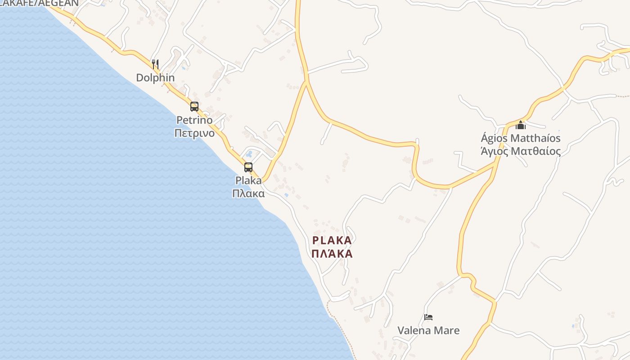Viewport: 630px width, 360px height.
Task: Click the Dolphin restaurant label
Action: (155, 77)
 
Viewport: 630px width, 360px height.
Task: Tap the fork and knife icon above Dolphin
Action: (155, 64)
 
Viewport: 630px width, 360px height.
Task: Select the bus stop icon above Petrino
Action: (194, 107)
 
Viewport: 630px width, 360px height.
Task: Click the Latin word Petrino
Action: (194, 120)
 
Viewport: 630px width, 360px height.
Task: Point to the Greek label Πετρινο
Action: (194, 133)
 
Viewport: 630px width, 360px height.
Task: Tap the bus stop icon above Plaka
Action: (248, 167)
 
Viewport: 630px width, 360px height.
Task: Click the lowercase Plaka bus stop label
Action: (248, 180)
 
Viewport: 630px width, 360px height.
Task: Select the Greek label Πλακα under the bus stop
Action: (248, 193)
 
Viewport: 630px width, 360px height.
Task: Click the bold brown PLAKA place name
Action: (332, 240)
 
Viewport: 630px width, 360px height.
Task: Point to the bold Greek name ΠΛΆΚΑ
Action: (332, 254)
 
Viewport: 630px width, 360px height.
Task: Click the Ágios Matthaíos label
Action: (521, 138)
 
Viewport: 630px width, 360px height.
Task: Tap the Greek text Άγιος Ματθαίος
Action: (521, 151)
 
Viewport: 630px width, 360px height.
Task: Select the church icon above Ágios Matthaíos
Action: (521, 125)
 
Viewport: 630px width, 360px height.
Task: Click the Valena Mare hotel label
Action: (428, 330)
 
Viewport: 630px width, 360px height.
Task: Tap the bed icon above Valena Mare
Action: (428, 317)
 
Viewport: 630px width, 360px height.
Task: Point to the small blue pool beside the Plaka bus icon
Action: (249, 154)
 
